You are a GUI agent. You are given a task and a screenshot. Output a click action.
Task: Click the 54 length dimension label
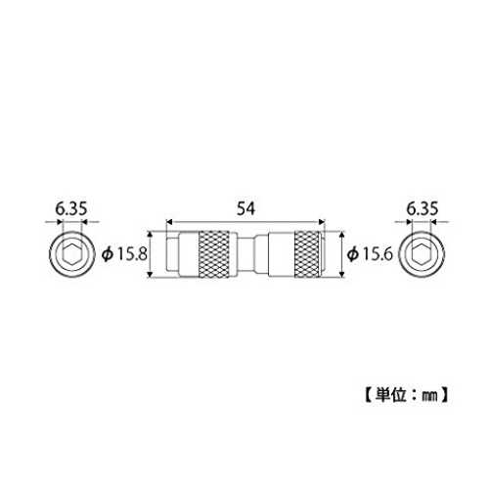pyautogui.click(x=245, y=208)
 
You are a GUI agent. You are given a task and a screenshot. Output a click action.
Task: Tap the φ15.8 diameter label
pyautogui.click(x=124, y=254)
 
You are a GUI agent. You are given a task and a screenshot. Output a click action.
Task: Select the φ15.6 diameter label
pyautogui.click(x=370, y=254)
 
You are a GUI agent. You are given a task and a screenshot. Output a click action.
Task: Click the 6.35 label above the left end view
pyautogui.click(x=71, y=208)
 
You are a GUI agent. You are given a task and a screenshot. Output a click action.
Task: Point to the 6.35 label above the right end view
pyautogui.click(x=422, y=208)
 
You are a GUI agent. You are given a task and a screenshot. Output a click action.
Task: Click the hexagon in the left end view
pyautogui.click(x=71, y=254)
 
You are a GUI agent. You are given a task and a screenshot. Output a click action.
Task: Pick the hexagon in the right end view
pyautogui.click(x=422, y=254)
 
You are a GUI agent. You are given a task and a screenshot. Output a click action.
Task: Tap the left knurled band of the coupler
pyautogui.click(x=214, y=254)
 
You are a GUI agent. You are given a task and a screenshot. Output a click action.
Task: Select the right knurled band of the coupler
pyautogui.click(x=307, y=254)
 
